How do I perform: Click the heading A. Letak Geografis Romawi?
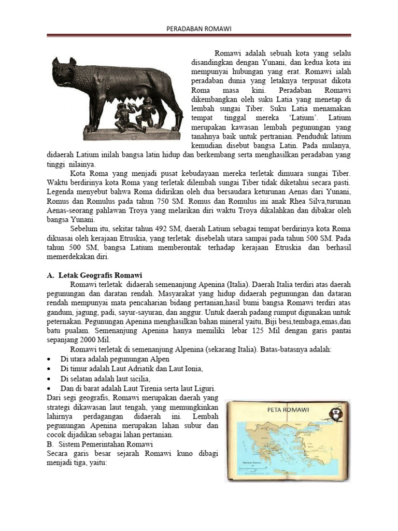tap(94, 275)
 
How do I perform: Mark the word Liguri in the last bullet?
tap(204, 388)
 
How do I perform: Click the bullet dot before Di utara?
tap(49, 359)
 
